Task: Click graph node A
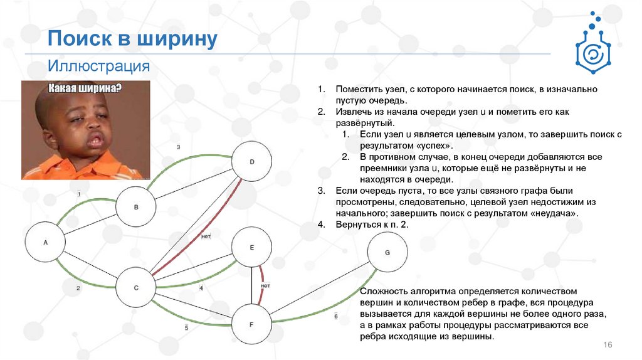45,241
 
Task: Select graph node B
136,206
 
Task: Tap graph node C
136,288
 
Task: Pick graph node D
252,162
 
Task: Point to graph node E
252,247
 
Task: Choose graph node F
251,324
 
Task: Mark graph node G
387,252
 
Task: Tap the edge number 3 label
179,147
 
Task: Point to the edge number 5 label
186,328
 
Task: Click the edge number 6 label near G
336,316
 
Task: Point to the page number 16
607,346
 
